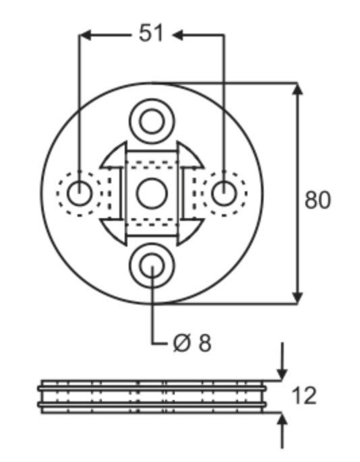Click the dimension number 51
click(x=151, y=34)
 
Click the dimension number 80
click(x=318, y=200)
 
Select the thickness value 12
click(x=305, y=395)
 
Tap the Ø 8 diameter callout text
click(x=191, y=343)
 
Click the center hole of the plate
click(x=152, y=193)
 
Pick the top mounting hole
click(x=152, y=122)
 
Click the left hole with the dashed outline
click(x=80, y=193)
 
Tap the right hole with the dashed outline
click(x=222, y=193)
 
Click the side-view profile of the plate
click(x=152, y=396)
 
